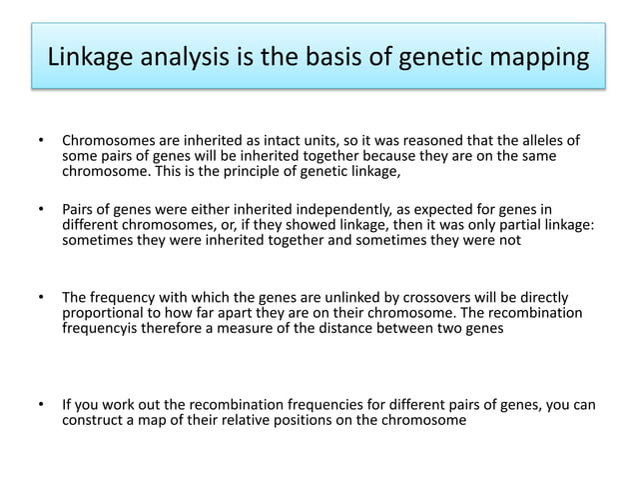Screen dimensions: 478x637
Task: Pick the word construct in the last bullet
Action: pos(94,421)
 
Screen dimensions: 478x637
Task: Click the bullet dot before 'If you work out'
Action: pos(42,405)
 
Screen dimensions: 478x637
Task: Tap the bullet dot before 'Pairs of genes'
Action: pos(42,210)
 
